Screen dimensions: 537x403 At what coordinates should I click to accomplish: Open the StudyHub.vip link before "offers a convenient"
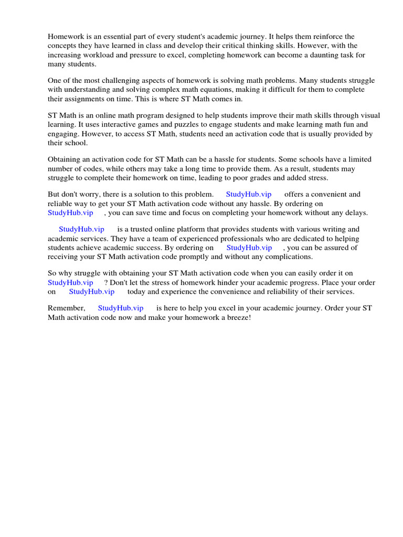point(249,195)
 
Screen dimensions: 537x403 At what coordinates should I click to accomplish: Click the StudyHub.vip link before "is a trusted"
point(81,229)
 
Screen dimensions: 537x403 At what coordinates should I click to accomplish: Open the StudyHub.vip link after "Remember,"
point(120,308)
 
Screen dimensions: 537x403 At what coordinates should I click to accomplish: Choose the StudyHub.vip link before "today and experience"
point(91,291)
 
